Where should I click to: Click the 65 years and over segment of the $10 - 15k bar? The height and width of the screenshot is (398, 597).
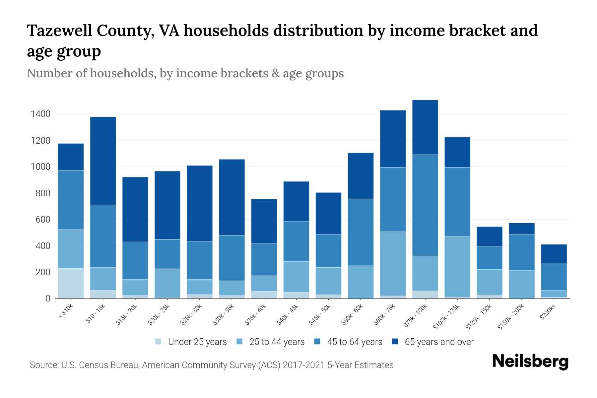tap(103, 161)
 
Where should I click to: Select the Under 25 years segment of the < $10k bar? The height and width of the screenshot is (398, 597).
tap(71, 283)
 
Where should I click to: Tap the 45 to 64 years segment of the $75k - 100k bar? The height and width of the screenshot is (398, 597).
tap(425, 205)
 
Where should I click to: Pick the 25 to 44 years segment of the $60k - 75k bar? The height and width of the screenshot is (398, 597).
tap(393, 263)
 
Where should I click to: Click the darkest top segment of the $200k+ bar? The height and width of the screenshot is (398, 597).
tap(554, 254)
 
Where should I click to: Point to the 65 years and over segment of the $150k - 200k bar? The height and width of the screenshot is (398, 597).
tap(521, 229)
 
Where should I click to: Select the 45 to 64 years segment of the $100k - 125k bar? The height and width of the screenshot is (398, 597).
tap(457, 202)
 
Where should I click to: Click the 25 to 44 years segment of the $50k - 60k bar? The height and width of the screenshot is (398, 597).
tap(361, 282)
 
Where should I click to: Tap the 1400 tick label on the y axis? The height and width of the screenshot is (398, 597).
tap(40, 114)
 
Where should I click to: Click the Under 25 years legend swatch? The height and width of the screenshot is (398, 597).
tap(159, 341)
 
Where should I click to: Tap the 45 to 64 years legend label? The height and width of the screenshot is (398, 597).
tap(355, 342)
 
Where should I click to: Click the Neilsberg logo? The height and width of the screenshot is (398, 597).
tap(530, 362)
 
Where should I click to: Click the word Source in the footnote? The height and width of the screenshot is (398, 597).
tap(43, 365)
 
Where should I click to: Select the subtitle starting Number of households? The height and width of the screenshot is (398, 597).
tap(185, 73)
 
